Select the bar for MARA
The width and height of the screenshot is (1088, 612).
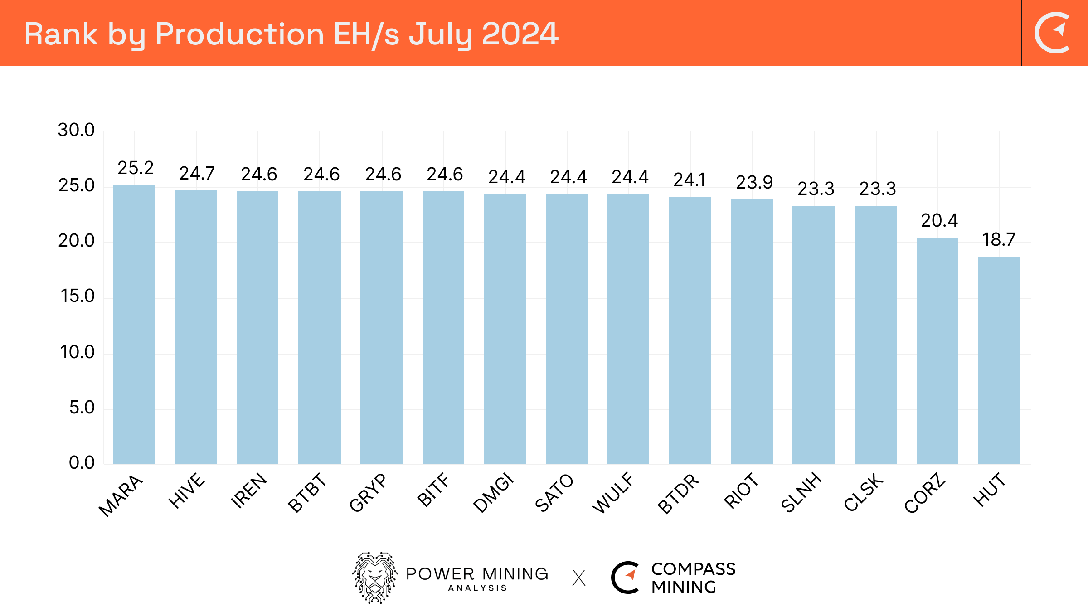(134, 324)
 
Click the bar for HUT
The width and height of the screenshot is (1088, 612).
(999, 360)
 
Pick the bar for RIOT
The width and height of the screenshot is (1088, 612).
(752, 331)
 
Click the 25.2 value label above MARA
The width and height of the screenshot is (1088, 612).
(136, 168)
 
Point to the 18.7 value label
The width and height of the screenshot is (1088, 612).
(999, 240)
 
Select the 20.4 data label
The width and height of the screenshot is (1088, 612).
(939, 221)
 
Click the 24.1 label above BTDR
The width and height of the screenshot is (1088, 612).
(690, 180)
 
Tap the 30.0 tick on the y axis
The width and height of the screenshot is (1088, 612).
(76, 130)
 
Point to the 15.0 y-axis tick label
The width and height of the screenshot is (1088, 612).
(78, 296)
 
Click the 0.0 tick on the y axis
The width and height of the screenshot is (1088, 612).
(82, 462)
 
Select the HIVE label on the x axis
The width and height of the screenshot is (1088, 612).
(187, 491)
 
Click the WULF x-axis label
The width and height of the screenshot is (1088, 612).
(613, 493)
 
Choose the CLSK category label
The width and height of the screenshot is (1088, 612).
(864, 492)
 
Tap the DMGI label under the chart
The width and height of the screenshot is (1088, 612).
(493, 493)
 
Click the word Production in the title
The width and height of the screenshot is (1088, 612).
(239, 34)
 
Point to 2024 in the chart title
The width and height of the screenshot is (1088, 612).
(520, 34)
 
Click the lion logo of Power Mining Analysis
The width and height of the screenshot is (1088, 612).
(375, 578)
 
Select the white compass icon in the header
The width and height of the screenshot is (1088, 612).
(1053, 33)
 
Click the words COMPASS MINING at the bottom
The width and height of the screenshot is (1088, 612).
(693, 578)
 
